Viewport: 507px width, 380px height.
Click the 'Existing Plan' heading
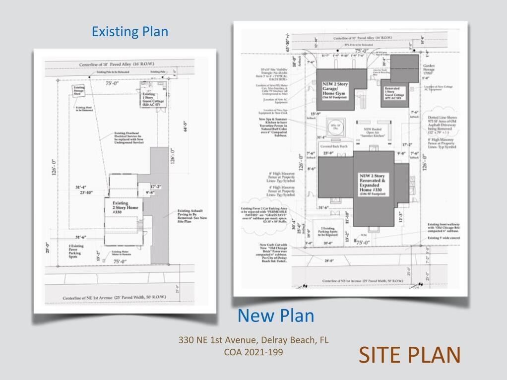click(x=130, y=32)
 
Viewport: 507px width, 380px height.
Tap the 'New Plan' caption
click(x=275, y=315)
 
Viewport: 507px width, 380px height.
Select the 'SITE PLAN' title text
click(x=409, y=355)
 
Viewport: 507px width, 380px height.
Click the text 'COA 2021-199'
click(x=253, y=352)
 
